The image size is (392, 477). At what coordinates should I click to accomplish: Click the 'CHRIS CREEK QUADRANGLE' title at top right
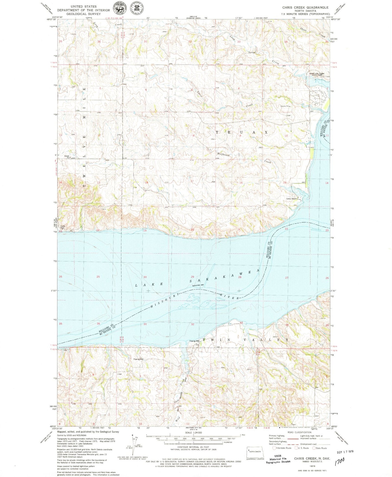305,7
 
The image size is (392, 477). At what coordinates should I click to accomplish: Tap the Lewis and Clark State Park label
319,74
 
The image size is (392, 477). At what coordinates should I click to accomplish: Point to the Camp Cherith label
292,199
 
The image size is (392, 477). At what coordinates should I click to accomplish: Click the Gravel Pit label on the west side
67,156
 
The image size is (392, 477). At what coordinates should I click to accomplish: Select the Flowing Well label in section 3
138,359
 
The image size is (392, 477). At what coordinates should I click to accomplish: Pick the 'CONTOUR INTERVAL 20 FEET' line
193,447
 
